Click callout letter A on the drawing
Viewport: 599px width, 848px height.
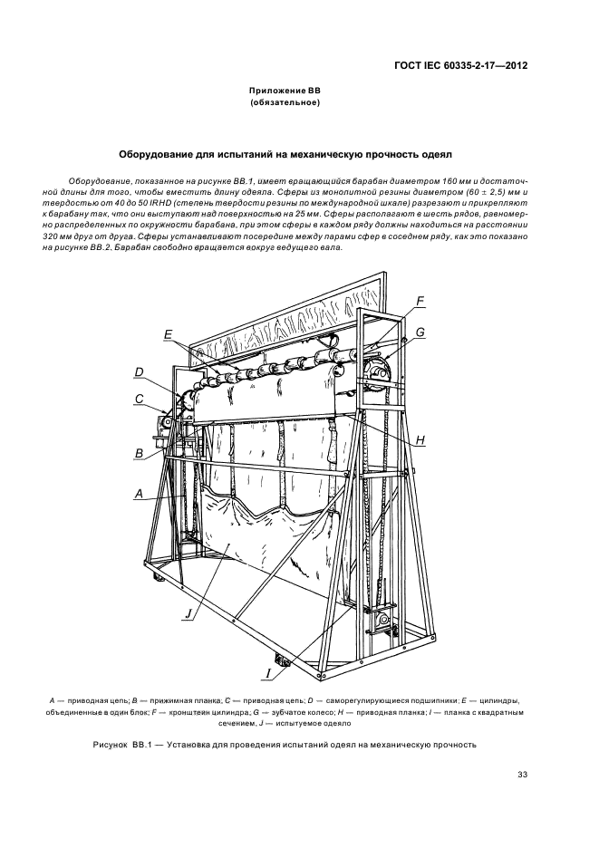(139, 494)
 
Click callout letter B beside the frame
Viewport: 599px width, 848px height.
(140, 453)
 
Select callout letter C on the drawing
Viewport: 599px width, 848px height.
(139, 398)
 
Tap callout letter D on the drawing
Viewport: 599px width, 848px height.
(139, 371)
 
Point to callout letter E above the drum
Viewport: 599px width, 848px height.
(168, 334)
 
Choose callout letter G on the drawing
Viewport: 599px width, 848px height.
(420, 332)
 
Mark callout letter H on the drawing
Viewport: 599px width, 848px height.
(420, 439)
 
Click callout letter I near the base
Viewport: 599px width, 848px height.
(269, 673)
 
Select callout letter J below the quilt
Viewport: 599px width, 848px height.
(188, 614)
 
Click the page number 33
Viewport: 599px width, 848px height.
(522, 774)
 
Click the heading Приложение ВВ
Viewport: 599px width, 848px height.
(285, 92)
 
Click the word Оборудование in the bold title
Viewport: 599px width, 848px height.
(159, 155)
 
